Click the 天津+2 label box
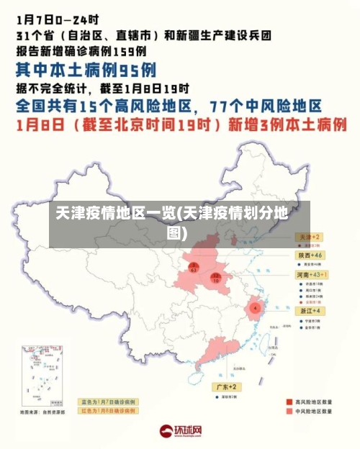pyautogui.click(x=310, y=236)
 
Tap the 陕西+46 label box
pyautogui.click(x=310, y=255)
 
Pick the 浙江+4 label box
pyautogui.click(x=310, y=310)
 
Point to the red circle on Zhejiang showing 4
pyautogui.click(x=255, y=307)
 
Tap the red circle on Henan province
pyautogui.click(x=215, y=277)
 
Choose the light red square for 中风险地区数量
pyautogui.click(x=280, y=412)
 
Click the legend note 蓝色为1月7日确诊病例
pyautogui.click(x=108, y=402)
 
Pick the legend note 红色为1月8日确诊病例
pyautogui.click(x=108, y=409)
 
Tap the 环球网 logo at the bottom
pyautogui.click(x=180, y=431)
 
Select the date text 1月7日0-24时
pyautogui.click(x=58, y=15)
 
